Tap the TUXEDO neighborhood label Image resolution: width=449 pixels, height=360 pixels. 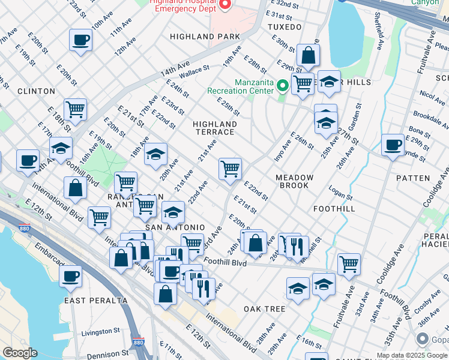pos(284,28)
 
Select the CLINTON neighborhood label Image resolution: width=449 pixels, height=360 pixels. pos(36,91)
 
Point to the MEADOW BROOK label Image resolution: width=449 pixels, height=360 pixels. pos(294,181)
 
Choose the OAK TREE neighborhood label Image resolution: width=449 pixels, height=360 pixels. pos(264,309)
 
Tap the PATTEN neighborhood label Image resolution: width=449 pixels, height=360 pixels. pos(413,178)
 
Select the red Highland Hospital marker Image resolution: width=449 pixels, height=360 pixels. pos(226,5)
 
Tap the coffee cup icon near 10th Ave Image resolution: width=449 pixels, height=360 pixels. pos(80,41)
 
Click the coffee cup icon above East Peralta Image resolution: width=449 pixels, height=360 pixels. pos(71,277)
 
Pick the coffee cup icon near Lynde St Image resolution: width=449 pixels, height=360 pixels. pos(393,145)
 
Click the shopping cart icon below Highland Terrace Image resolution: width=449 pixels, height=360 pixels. pos(230,169)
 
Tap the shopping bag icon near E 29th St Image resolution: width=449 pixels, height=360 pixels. pos(308,56)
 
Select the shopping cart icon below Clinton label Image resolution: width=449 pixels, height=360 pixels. pos(76,110)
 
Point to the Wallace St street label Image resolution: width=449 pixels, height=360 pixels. pos(194,71)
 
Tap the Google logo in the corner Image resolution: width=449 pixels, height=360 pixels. pos(20,353)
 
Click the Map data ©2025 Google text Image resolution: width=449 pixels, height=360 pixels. pos(412,355)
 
